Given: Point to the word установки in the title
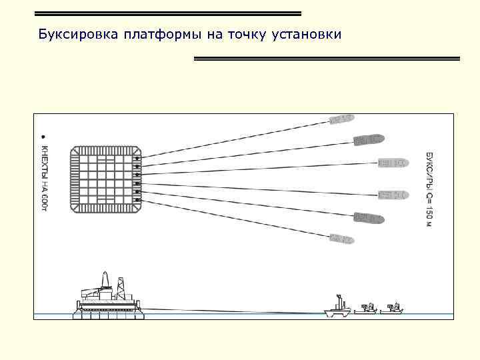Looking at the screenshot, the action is click(307, 34).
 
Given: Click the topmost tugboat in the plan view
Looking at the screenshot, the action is click(341, 119).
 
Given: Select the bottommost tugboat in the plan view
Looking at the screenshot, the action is click(341, 238).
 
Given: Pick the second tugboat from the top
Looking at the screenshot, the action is click(369, 139).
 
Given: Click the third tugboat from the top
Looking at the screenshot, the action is click(393, 162).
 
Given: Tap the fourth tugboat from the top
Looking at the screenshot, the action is click(393, 194).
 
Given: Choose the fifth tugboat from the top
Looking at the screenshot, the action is click(369, 217).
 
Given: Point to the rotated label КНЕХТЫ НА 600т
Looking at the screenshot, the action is click(45, 176).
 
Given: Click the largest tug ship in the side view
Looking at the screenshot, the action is click(338, 307).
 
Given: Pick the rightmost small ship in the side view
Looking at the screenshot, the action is click(395, 308).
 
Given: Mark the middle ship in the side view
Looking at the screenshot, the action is click(366, 308).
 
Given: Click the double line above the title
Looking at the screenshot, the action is click(167, 13).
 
